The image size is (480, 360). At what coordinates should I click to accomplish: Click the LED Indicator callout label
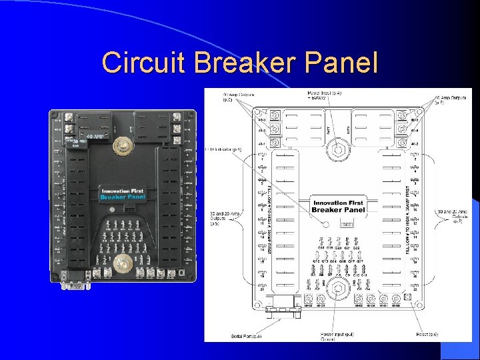coord(224,150)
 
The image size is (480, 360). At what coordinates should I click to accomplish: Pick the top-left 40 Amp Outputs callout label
coord(238,98)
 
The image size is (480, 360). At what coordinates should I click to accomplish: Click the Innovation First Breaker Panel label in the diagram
coord(339,206)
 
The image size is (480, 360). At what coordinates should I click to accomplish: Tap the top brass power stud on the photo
coord(123,145)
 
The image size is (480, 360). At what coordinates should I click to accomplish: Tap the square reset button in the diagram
coord(405,300)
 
